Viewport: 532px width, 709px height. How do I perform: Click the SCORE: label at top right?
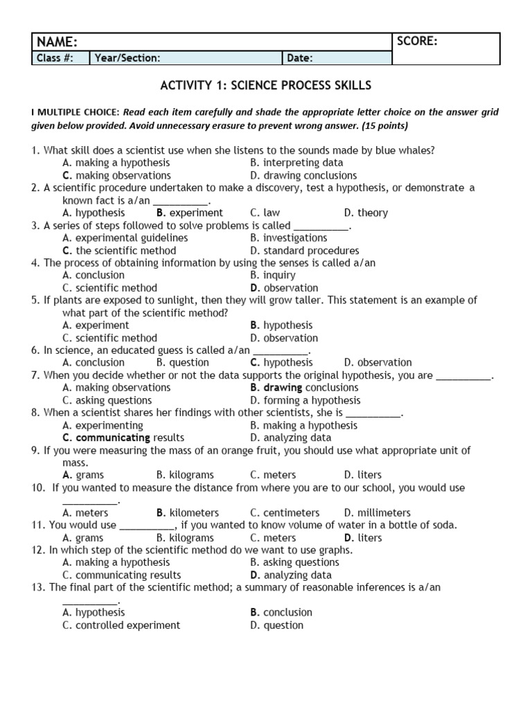[417, 42]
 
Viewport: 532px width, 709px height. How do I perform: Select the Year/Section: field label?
[127, 58]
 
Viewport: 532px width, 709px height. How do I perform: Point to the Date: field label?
[299, 58]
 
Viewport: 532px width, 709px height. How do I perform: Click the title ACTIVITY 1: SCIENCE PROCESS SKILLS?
[266, 86]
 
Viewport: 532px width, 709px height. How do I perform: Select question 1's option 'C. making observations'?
[116, 176]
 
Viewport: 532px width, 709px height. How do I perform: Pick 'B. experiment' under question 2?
[190, 213]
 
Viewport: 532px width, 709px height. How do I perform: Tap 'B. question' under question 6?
[183, 363]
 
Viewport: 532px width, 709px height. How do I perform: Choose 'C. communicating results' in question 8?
[123, 438]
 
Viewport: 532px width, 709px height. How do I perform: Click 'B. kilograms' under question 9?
[185, 476]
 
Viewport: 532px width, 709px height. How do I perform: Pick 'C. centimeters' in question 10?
[285, 513]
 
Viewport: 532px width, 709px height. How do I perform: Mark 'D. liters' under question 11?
[362, 538]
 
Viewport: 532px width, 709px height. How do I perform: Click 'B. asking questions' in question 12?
[294, 563]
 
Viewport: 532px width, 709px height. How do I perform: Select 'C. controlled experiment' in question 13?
[121, 625]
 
